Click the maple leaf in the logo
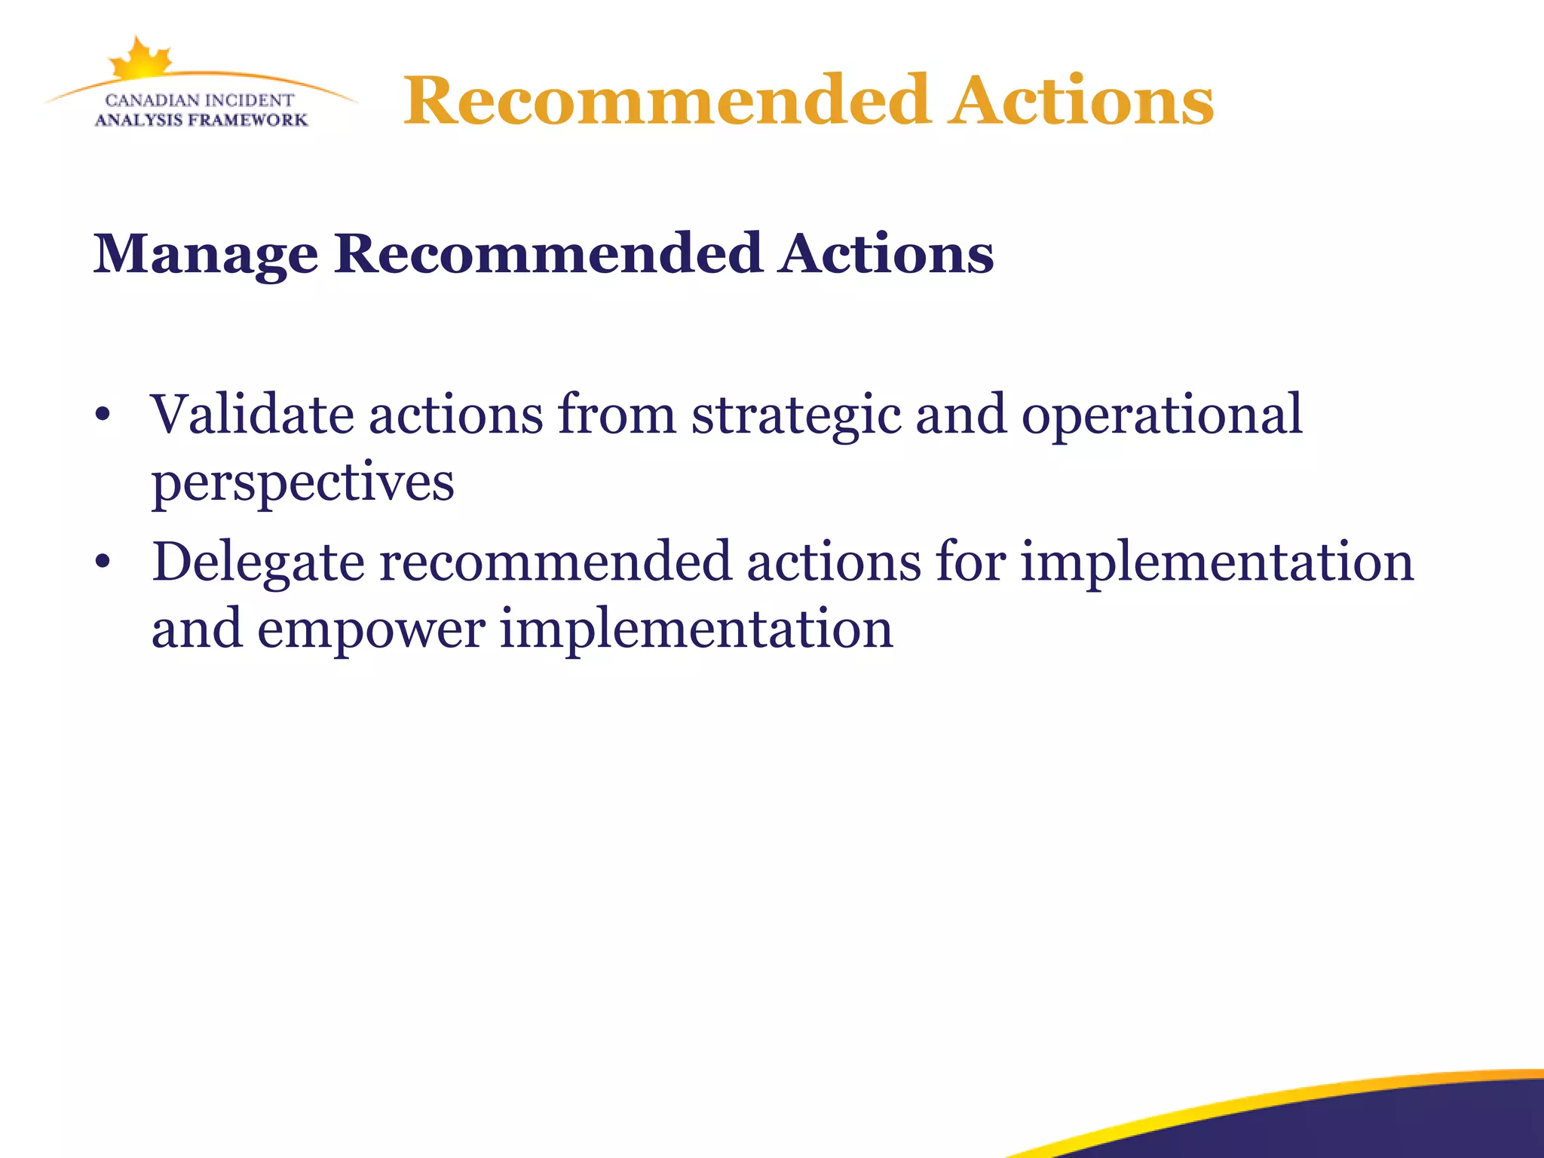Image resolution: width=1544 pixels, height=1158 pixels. [x=141, y=59]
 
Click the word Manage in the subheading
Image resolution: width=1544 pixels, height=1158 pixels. [x=205, y=255]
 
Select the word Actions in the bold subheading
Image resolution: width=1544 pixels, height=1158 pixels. [x=887, y=253]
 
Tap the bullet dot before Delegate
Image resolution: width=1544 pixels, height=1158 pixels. [x=103, y=562]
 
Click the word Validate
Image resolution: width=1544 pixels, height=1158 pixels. [x=252, y=415]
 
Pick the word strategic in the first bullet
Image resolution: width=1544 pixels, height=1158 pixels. [x=796, y=416]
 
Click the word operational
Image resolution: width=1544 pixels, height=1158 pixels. [x=1162, y=416]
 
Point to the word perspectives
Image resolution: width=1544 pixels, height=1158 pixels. [x=302, y=483]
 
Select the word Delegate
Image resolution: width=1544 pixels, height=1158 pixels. [x=258, y=562]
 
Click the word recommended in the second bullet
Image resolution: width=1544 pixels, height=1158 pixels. [x=555, y=562]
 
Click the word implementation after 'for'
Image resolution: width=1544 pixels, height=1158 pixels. [x=1217, y=562]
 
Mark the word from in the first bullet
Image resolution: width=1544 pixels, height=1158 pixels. [x=617, y=415]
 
